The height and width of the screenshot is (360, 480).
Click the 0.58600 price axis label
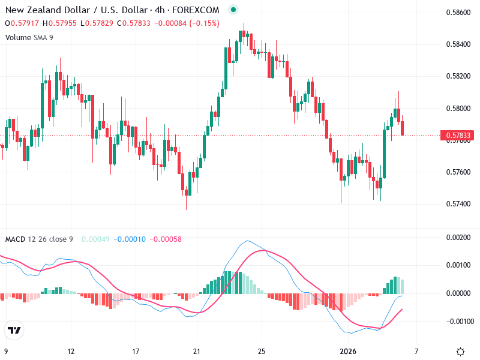459,13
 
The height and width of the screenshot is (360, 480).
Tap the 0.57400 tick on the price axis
459,204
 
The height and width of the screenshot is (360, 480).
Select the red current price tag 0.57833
458,136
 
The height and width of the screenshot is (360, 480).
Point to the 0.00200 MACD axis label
459,238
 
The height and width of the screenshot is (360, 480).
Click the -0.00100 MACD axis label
458,321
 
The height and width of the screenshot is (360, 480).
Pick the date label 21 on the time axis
196,352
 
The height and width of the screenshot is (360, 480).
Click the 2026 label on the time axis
349,352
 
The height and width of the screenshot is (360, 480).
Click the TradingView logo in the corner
14,331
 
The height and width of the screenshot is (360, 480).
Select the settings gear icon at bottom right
460,352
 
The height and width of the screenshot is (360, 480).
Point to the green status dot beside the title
233,10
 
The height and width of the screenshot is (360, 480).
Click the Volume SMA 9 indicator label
29,37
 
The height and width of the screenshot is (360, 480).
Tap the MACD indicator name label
15,239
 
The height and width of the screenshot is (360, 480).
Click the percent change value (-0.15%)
206,23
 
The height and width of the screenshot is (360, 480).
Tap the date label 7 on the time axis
416,352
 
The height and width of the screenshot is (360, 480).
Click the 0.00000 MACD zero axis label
459,293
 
